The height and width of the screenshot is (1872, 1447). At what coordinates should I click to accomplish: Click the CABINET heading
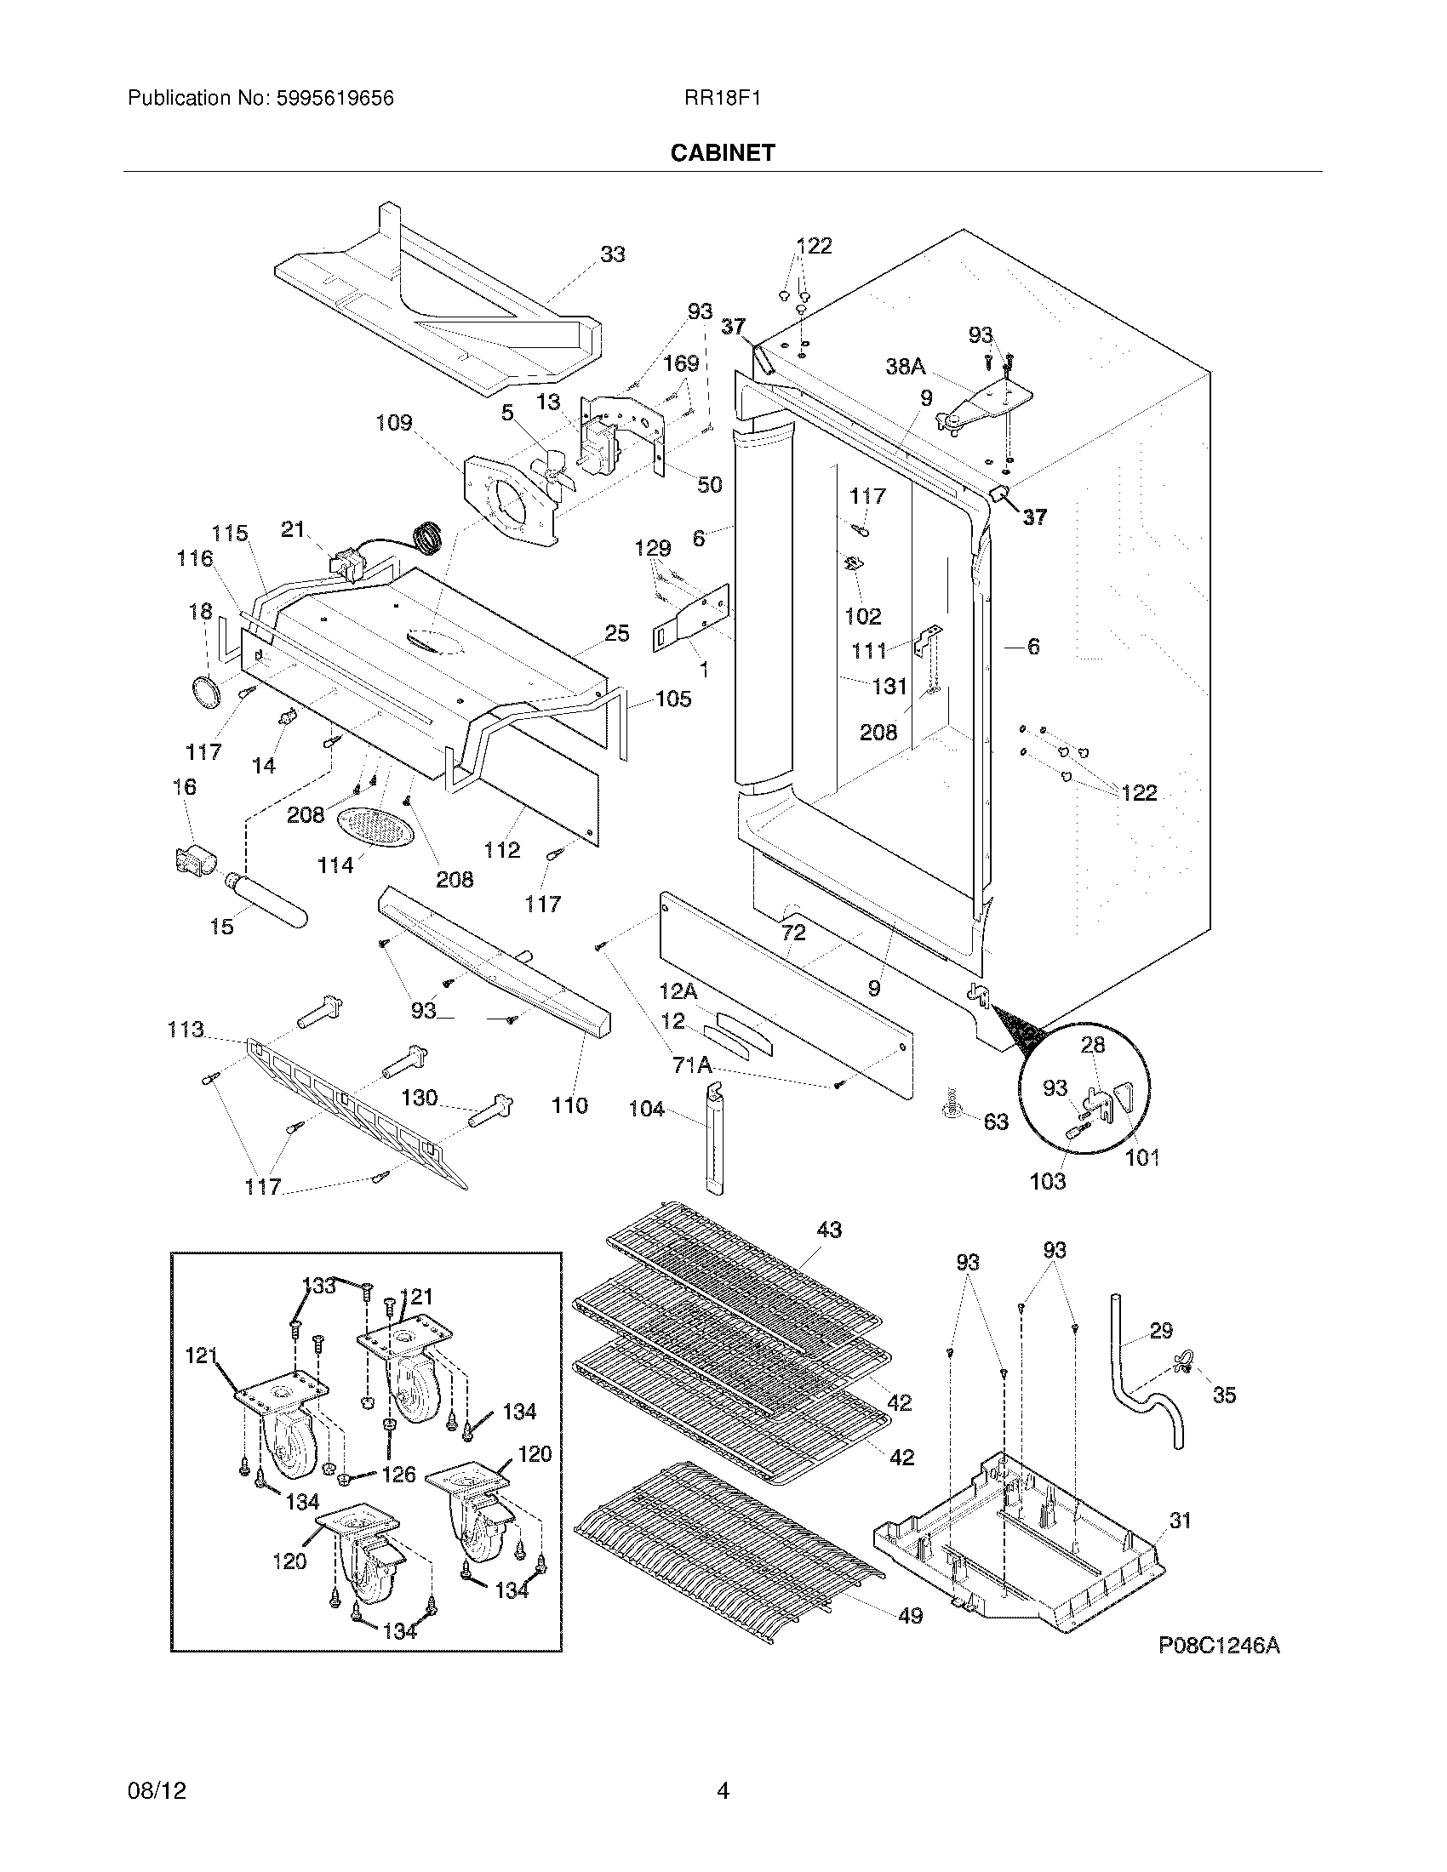[x=723, y=152]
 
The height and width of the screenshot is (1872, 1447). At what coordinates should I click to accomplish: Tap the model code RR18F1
[x=722, y=99]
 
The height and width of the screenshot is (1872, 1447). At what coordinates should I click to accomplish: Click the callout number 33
[x=612, y=254]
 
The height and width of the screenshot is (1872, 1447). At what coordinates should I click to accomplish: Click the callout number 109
[x=394, y=423]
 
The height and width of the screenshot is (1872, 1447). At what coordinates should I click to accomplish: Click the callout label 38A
[x=906, y=367]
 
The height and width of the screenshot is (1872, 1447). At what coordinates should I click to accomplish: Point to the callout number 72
[x=794, y=933]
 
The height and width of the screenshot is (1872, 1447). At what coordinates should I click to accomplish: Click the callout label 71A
[x=692, y=1064]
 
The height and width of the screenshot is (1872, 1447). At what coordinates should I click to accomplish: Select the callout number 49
[x=910, y=1616]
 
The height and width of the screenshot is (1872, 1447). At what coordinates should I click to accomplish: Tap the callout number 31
[x=1181, y=1520]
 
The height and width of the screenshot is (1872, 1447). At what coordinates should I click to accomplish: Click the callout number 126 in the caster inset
[x=397, y=1474]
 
